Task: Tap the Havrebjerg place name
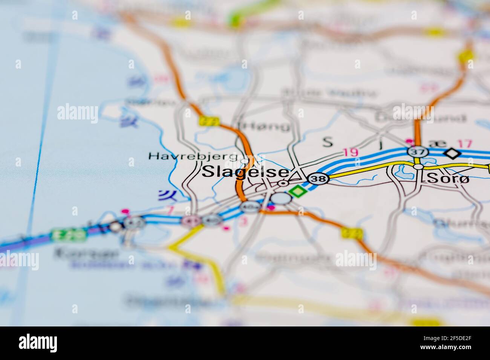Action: [193, 156]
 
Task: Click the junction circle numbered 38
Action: [318, 179]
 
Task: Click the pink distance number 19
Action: [351, 152]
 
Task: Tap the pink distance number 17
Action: [464, 143]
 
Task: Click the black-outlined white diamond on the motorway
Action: [452, 153]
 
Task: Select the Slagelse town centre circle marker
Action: [283, 183]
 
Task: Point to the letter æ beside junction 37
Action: [432, 143]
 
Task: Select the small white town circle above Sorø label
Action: [418, 166]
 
